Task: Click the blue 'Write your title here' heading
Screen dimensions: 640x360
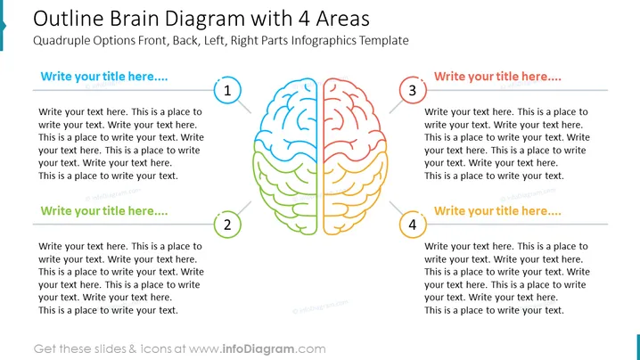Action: pyautogui.click(x=104, y=77)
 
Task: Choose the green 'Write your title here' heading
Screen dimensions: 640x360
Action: pyautogui.click(x=104, y=211)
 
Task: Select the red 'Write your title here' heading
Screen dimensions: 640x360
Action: pyautogui.click(x=497, y=77)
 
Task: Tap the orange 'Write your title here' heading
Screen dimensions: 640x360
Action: pyautogui.click(x=497, y=211)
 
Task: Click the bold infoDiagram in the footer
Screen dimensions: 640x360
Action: pyautogui.click(x=258, y=349)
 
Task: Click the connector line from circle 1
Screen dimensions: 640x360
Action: pyautogui.click(x=244, y=107)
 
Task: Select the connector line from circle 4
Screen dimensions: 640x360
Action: pyautogui.click(x=397, y=208)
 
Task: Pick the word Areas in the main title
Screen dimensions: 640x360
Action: pyautogui.click(x=343, y=19)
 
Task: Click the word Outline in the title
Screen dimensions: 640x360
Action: pyautogui.click(x=69, y=19)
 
